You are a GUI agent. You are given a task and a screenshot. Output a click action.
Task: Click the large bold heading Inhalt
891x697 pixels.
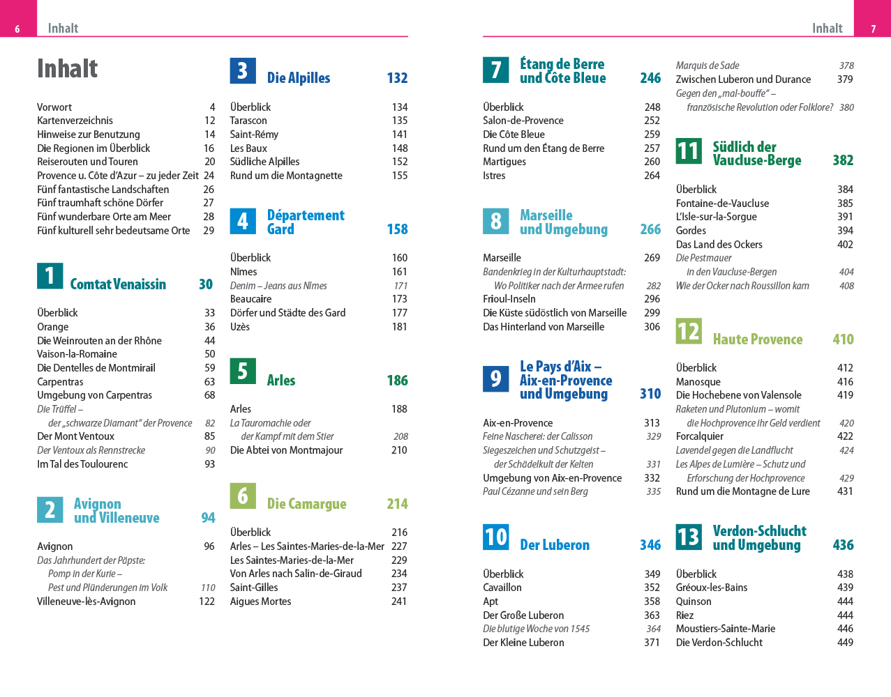[67, 69]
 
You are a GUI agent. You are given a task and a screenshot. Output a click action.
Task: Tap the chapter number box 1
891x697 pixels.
[50, 276]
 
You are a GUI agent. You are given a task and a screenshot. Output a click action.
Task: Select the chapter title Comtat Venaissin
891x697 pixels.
[118, 284]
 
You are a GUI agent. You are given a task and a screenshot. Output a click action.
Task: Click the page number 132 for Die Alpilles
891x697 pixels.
[397, 78]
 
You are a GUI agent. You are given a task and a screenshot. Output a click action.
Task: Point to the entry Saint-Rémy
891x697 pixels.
[254, 135]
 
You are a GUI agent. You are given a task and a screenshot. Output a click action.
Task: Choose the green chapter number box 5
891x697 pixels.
[242, 371]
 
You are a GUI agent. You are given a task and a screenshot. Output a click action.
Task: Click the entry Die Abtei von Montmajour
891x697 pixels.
[286, 450]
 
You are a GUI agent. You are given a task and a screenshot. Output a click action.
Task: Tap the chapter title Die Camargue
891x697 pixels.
[306, 504]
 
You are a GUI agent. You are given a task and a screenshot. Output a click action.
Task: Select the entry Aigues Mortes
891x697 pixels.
[260, 602]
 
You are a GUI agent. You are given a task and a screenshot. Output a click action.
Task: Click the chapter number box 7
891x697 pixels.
[495, 70]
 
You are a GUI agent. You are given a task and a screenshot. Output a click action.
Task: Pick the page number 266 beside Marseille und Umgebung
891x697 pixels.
[650, 229]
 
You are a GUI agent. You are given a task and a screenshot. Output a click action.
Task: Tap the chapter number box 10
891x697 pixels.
[495, 537]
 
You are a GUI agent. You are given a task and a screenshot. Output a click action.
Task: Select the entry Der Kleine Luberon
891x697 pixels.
[523, 643]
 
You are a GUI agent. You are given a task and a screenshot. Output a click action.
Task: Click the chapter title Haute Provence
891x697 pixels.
[757, 339]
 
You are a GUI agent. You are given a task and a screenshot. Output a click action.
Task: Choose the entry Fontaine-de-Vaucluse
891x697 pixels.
[722, 204]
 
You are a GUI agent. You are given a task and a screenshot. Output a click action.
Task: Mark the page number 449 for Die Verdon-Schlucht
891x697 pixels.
[845, 643]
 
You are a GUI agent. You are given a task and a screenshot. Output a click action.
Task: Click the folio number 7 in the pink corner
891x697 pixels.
[873, 29]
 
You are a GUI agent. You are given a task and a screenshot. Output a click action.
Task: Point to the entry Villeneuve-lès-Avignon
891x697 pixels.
[86, 602]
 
